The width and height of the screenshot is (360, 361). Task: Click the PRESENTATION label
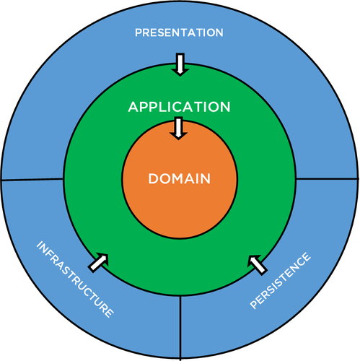(x=179, y=32)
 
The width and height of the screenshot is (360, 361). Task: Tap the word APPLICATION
(x=179, y=107)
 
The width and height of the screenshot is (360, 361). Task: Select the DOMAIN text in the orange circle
(x=180, y=178)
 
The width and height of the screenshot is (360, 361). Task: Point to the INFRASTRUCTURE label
(x=75, y=279)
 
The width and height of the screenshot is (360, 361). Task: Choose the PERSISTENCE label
(x=281, y=281)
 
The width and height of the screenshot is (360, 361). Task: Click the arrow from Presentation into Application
(x=180, y=64)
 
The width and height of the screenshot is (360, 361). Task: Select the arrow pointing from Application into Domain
(x=178, y=129)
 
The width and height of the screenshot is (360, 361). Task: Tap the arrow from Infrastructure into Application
(x=98, y=263)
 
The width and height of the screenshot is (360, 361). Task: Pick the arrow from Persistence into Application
(x=258, y=265)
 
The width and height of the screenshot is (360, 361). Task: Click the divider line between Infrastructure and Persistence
(x=180, y=327)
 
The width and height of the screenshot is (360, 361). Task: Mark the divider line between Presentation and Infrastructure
(x=32, y=179)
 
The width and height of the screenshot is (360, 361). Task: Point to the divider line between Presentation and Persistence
(x=328, y=179)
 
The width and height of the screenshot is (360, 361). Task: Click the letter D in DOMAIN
(x=153, y=178)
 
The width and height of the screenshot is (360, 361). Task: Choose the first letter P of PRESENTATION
(x=139, y=32)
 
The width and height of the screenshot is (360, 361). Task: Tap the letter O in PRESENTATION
(x=211, y=32)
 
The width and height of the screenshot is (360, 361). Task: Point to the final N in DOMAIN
(x=206, y=178)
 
